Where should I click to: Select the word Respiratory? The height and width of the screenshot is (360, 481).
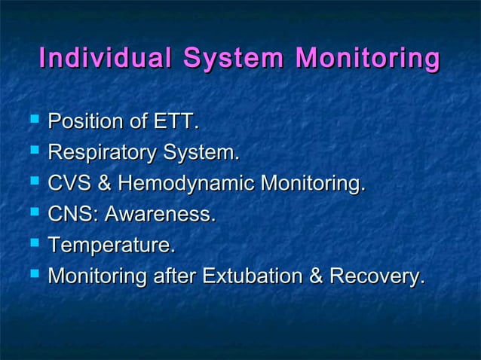coord(99,153)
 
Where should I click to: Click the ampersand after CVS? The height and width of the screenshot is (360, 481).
coord(106,184)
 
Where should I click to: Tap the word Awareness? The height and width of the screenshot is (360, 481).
coord(159,215)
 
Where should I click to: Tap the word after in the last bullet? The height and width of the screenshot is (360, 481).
coord(173,276)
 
